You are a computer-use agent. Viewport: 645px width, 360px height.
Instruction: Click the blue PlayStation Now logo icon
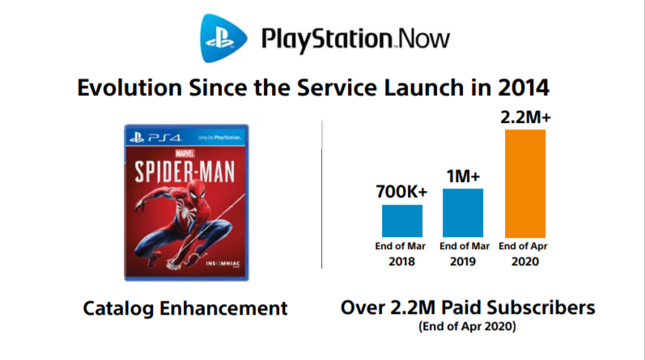223,38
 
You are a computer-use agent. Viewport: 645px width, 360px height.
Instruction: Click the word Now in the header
424,39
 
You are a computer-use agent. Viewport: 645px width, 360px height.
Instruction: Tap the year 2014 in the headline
524,87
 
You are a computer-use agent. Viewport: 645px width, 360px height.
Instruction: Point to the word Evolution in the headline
129,87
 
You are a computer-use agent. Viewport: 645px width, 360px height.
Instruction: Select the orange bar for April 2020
525,184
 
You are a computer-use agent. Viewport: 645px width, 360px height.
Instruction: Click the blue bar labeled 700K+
402,221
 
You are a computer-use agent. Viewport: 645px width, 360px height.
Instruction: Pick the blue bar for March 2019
463,213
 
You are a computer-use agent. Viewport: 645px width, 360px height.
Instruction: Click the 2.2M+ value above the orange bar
525,117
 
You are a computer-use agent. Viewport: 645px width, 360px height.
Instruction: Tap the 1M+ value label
463,176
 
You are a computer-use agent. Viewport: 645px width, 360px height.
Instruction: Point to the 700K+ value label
401,192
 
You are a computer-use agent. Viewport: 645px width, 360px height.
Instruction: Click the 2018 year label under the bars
401,261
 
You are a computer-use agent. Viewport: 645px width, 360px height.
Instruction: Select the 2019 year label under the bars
463,261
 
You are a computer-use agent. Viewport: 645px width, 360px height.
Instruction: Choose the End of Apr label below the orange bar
523,246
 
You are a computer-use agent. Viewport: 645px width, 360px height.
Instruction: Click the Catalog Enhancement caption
185,308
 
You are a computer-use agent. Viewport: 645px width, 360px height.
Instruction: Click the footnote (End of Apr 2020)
467,326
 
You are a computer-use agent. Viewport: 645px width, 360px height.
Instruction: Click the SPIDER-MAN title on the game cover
185,172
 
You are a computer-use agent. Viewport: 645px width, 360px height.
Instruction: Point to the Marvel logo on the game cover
185,154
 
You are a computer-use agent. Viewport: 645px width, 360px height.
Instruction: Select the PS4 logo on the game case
155,138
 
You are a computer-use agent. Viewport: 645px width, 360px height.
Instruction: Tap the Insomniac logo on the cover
223,264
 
